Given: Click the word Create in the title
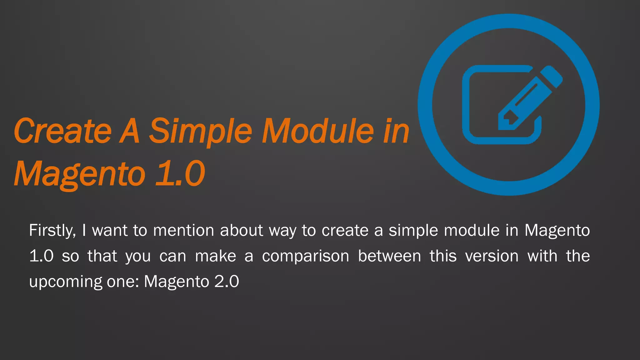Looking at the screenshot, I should click(62, 131).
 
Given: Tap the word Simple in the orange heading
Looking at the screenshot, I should click(200, 131).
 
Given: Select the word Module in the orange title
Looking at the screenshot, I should click(317, 131).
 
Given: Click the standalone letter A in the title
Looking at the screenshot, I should click(130, 131).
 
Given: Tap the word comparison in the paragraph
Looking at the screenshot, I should click(305, 256).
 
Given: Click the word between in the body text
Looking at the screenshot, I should click(389, 256).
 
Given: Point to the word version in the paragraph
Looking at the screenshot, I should click(492, 256).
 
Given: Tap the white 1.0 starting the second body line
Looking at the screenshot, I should click(41, 256).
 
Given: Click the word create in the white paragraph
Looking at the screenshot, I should click(345, 231).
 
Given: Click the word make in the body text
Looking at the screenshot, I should click(215, 256).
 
